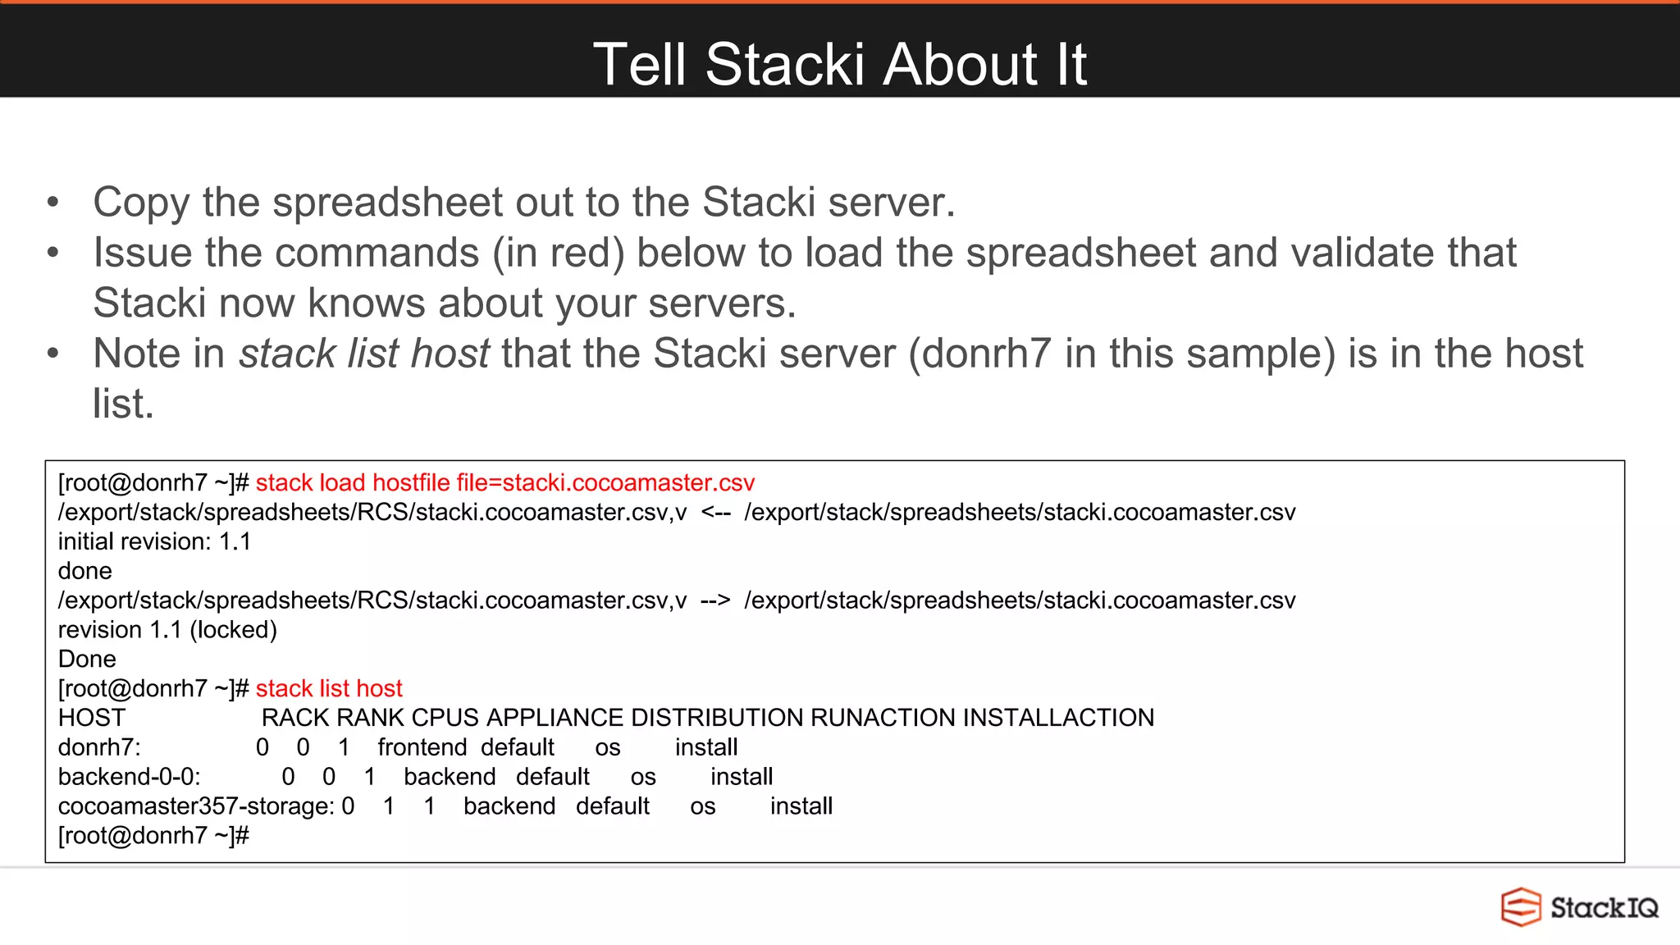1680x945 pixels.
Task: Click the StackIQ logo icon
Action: tap(1521, 907)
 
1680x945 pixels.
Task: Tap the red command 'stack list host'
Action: tap(329, 688)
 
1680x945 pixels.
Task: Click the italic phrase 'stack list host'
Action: tap(364, 354)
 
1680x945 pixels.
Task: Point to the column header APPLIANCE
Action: tap(555, 718)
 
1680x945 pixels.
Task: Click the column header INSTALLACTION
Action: tap(1058, 718)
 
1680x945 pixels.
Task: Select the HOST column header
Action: tap(91, 718)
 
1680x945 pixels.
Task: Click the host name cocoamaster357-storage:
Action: tap(196, 806)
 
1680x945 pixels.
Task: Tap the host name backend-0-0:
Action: tap(129, 777)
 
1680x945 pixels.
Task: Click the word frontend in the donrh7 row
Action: tap(422, 747)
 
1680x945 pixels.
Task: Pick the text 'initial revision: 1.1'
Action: tap(154, 541)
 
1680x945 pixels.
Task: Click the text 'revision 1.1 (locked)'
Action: tap(167, 630)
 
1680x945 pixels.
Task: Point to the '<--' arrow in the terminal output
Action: tap(715, 512)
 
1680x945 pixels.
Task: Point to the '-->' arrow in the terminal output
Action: tap(715, 600)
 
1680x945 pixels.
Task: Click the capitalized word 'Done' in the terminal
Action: tap(87, 660)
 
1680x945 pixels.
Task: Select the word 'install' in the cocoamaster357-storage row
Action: tap(801, 806)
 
